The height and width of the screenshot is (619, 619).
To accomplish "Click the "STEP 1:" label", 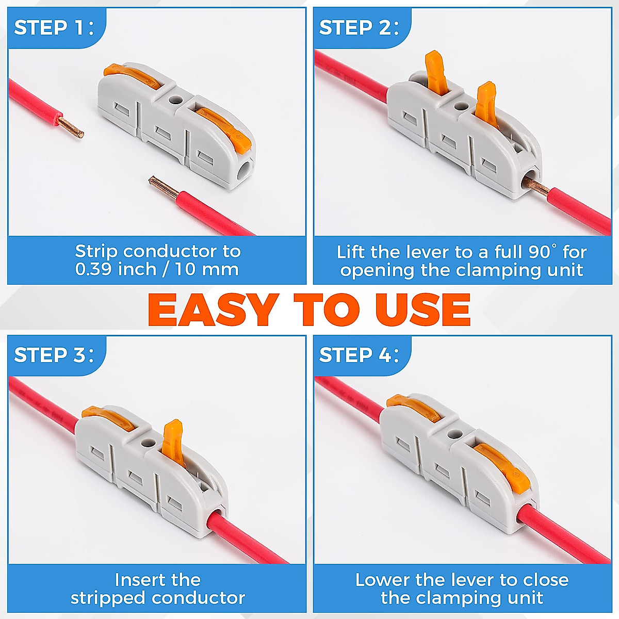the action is pos(54,28).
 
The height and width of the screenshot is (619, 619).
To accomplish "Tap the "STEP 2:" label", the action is pos(359,28).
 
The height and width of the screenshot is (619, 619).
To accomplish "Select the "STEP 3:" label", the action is pos(54,355).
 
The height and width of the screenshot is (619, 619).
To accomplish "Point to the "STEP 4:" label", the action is pos(359,355).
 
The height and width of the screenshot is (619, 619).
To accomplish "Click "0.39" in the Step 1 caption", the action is pos(93,269).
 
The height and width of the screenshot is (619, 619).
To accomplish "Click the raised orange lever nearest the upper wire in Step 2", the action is pos(436,72).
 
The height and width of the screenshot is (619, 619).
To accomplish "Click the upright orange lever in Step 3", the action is pos(173,442).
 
